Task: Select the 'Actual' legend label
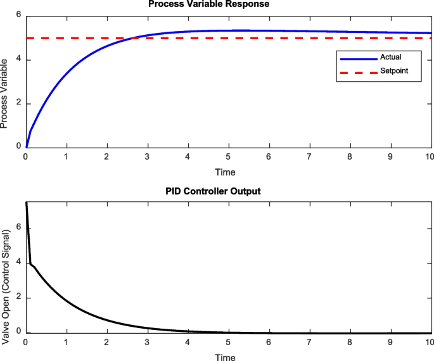coord(390,57)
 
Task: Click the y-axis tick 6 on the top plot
coord(20,16)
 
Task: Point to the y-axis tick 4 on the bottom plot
coord(20,262)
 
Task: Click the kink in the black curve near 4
coord(30,263)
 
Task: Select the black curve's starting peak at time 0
coord(26,202)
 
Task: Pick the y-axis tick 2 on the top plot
coord(20,103)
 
